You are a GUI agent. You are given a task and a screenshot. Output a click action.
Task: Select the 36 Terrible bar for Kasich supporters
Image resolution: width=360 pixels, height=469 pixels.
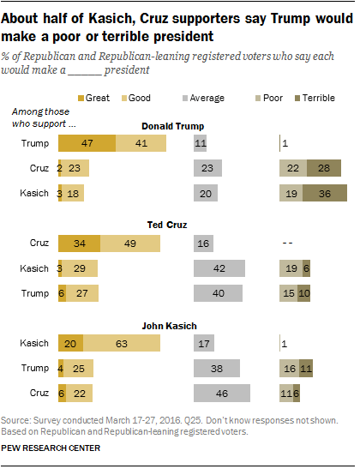(x=324, y=194)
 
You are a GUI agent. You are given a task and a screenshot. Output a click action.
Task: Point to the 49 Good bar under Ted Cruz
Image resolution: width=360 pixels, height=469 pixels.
(x=130, y=244)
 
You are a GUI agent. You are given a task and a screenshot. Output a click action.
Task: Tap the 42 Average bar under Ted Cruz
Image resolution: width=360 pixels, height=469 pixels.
(x=220, y=269)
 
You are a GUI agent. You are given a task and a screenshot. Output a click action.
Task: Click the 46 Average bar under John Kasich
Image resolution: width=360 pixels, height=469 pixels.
(x=222, y=394)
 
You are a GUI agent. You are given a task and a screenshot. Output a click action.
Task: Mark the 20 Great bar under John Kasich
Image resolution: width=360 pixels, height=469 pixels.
(x=70, y=344)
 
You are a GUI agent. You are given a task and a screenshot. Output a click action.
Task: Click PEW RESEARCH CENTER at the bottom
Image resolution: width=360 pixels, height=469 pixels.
(x=51, y=448)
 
